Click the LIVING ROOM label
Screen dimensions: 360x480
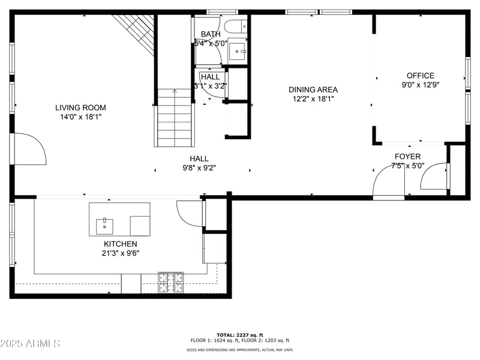tap(80, 108)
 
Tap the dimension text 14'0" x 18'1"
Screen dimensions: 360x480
tap(80, 117)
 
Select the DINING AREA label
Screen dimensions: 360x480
tap(313, 90)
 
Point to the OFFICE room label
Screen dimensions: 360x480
tap(420, 76)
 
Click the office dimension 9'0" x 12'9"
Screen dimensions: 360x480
tap(420, 85)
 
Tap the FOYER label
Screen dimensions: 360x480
tap(407, 157)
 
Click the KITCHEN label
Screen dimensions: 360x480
tap(120, 244)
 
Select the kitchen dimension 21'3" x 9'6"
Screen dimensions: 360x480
tap(120, 253)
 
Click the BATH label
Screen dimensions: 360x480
tap(211, 34)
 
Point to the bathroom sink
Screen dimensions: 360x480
tap(238, 51)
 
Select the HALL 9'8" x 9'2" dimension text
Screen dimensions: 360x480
tap(199, 168)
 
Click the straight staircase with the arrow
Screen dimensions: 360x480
tap(175, 118)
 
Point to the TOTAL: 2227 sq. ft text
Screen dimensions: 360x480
tap(240, 335)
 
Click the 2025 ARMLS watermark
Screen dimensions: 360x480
tap(30, 344)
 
